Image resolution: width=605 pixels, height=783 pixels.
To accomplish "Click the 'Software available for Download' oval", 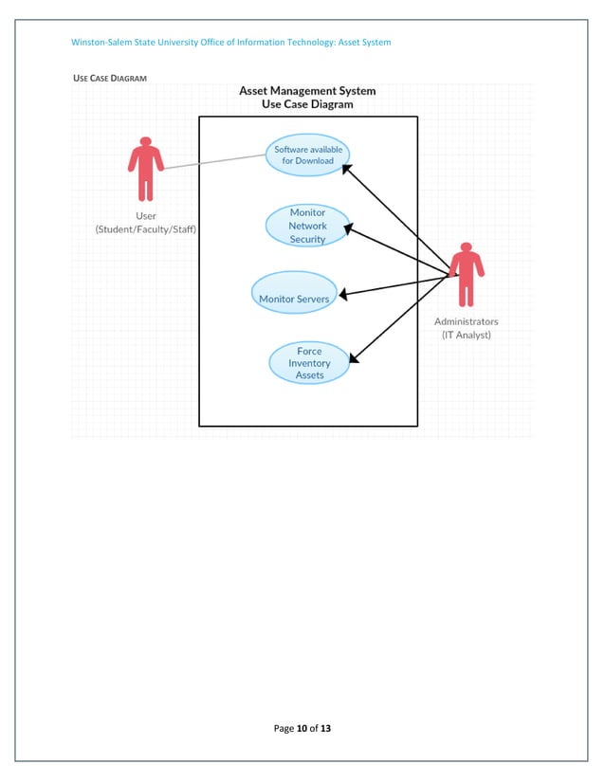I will (x=307, y=155).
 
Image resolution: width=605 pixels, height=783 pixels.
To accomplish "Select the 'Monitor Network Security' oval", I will (x=307, y=226).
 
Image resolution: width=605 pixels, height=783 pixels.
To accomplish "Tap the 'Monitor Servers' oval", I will (x=294, y=293).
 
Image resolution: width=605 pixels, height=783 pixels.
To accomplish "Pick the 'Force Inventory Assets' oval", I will (x=309, y=363).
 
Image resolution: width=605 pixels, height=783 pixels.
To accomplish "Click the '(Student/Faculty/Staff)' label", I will (x=145, y=229).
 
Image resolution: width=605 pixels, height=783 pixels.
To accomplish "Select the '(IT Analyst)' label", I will (x=466, y=335).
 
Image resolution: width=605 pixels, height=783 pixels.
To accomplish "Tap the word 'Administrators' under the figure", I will (x=466, y=321).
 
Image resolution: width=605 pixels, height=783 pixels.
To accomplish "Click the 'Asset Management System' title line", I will (x=307, y=91).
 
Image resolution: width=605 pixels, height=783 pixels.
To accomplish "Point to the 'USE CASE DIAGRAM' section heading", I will (x=110, y=78).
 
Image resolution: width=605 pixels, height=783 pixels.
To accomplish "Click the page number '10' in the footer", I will (x=302, y=728).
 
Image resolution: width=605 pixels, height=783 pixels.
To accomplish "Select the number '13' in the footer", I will (x=325, y=728).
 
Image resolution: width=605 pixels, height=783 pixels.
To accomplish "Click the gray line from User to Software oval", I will (x=213, y=161).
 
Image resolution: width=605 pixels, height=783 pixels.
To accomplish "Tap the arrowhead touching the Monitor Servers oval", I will (x=342, y=295).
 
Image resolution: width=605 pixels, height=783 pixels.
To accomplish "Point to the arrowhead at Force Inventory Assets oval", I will (x=353, y=358).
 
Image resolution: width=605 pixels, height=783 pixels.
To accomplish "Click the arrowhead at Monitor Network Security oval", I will (x=348, y=228).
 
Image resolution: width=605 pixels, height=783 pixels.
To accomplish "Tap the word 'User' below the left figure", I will (x=145, y=216).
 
